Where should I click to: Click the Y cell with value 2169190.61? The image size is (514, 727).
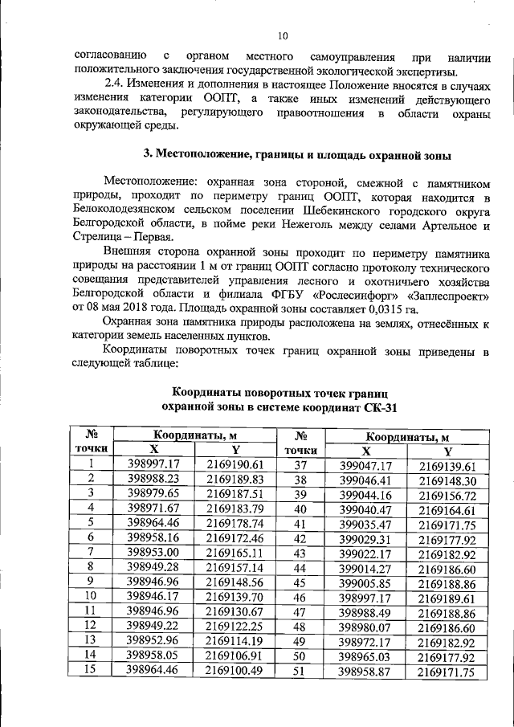235,464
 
